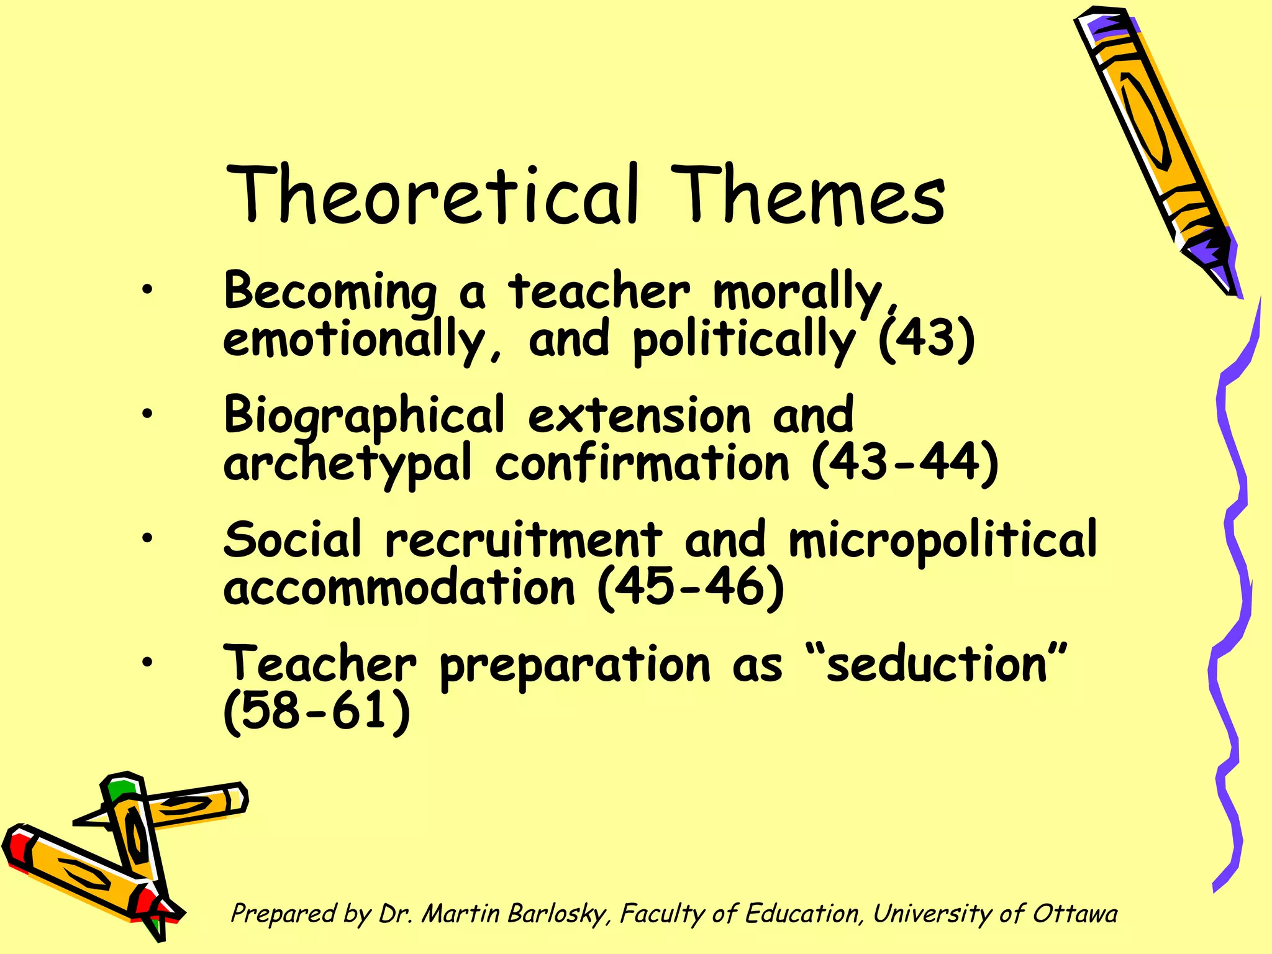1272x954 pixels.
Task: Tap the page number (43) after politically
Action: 926,340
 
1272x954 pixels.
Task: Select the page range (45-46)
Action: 690,588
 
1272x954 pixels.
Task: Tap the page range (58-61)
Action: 317,711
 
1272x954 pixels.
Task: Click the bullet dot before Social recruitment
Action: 147,538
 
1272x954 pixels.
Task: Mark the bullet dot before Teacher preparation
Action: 147,662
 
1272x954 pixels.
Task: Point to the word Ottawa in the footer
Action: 1074,914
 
